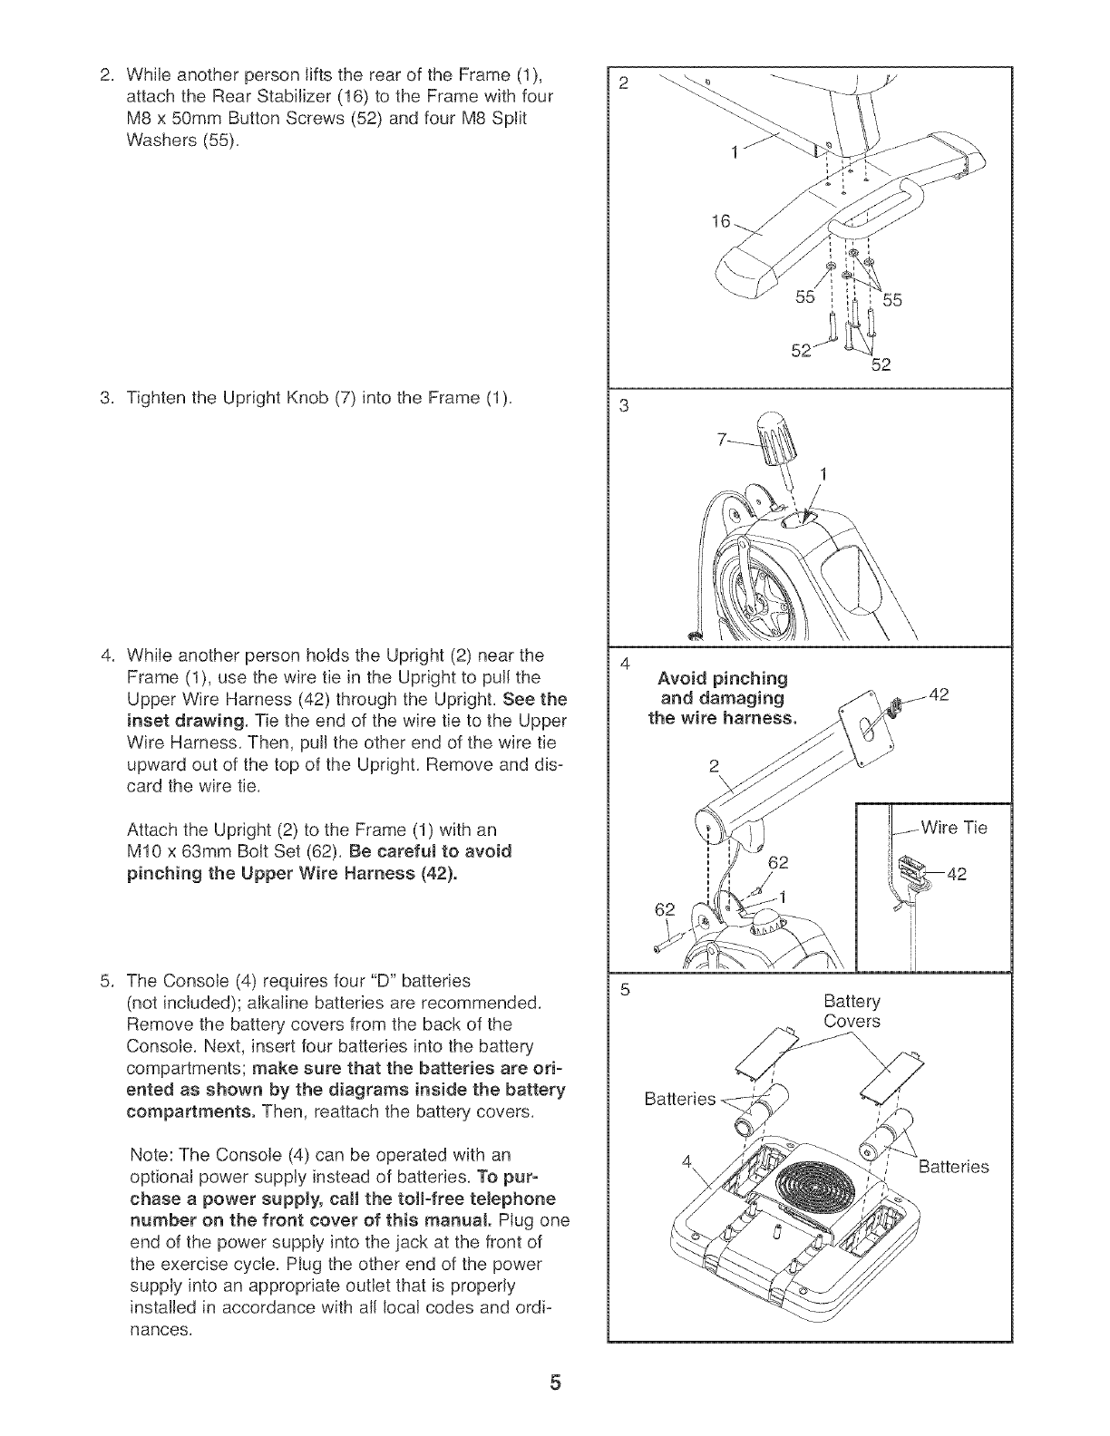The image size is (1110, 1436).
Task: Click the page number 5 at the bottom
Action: coord(554,1383)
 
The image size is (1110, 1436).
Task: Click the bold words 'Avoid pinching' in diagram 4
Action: coord(723,679)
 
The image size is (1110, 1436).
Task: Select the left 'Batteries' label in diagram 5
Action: coord(679,1100)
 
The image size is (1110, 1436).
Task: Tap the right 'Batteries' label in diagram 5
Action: coord(953,1166)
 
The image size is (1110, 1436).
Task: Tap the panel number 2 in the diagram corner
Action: coord(622,84)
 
